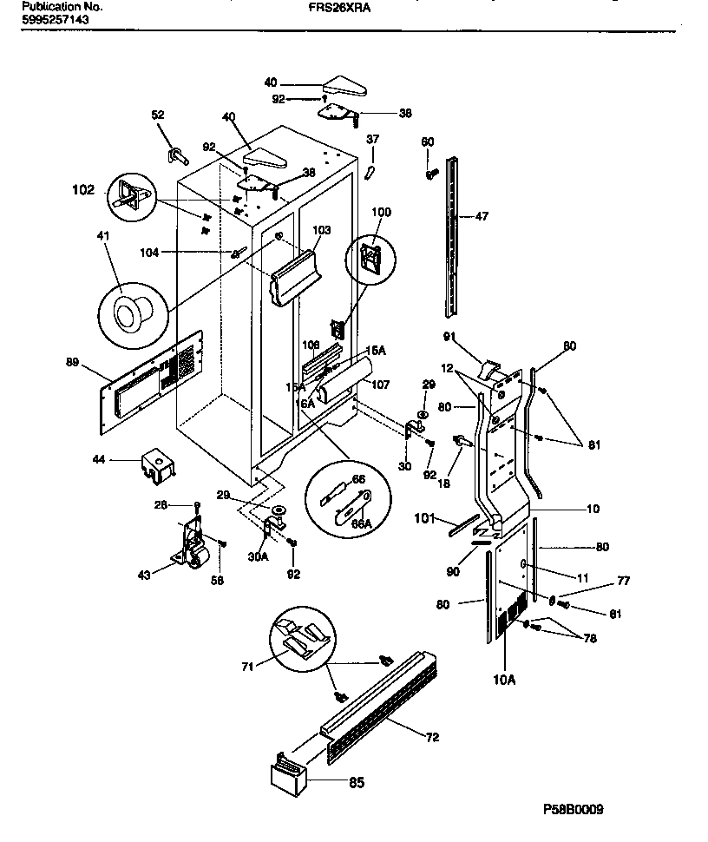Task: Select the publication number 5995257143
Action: [55, 17]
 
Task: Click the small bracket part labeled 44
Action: [155, 464]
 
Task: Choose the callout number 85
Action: [356, 783]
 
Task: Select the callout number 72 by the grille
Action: [432, 737]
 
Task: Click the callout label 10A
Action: [505, 680]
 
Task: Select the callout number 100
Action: [381, 211]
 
